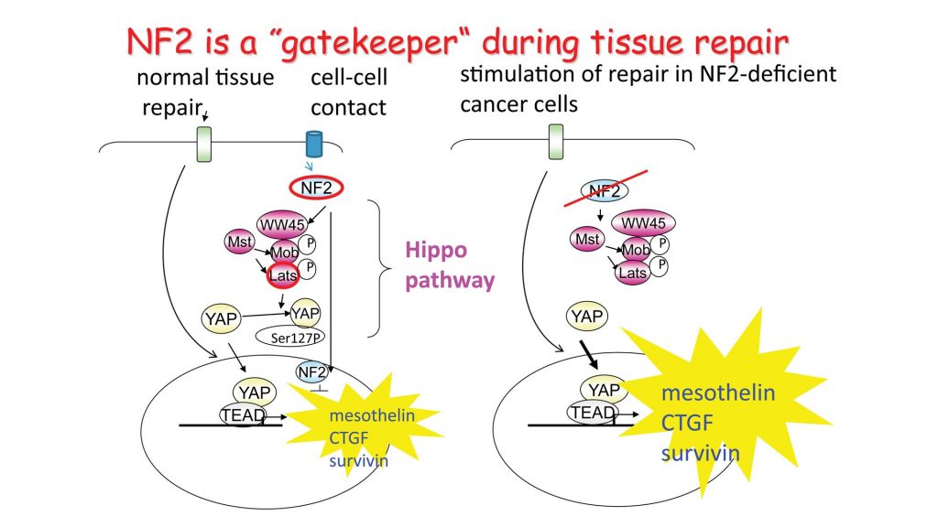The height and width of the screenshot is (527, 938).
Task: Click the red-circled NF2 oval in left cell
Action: (317, 189)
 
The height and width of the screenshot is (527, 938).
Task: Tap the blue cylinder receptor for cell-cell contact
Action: (313, 144)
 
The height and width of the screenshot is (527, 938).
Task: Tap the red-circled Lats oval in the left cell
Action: (285, 274)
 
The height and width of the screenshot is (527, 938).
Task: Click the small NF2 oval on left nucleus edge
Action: (311, 371)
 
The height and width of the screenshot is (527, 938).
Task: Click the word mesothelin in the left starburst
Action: (372, 416)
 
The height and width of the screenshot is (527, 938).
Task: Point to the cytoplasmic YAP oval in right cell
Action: (585, 317)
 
